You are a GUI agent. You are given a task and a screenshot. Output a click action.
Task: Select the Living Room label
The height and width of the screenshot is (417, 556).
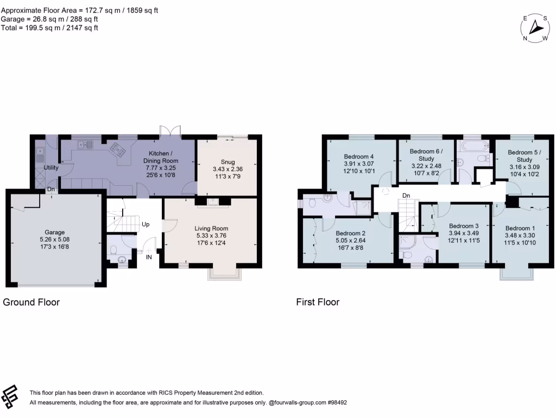[211, 229]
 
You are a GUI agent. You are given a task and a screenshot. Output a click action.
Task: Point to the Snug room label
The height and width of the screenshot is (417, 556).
[228, 161]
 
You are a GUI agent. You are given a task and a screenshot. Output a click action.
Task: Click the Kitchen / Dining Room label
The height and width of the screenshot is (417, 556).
[160, 154]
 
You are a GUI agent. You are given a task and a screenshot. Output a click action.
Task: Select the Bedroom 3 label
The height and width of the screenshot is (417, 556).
[464, 226]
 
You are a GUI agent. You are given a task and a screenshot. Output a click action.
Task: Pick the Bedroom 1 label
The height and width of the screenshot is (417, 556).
[520, 228]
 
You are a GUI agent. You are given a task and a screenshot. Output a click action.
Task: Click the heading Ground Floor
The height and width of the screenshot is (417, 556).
[31, 302]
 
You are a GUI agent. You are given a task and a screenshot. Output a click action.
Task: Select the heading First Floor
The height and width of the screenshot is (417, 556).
[318, 302]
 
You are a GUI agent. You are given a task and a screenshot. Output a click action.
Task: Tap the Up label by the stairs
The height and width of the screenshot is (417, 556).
[146, 224]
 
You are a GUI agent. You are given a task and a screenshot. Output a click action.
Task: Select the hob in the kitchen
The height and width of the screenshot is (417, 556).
[116, 147]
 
